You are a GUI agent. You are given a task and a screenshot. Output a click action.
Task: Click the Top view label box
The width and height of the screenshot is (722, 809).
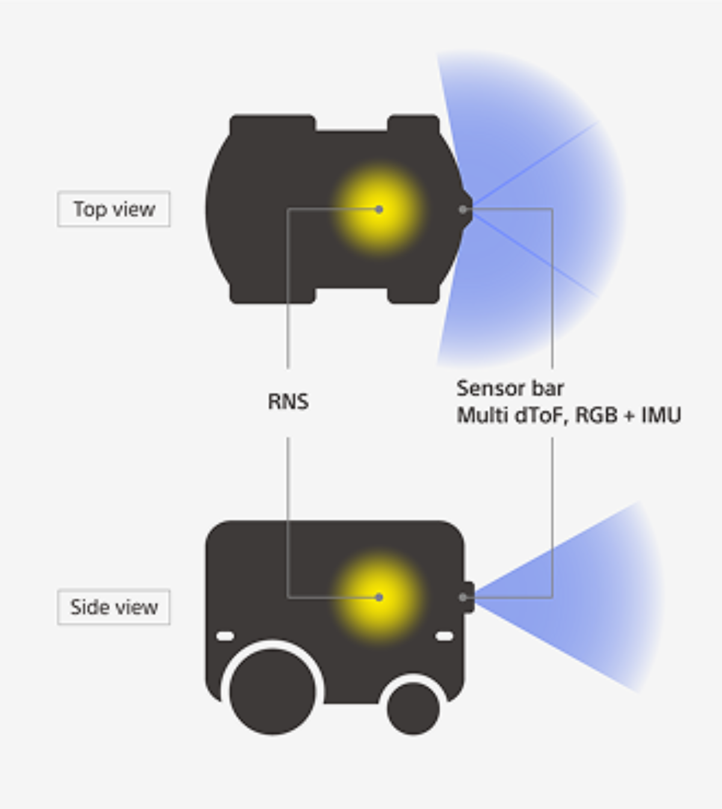coord(114,209)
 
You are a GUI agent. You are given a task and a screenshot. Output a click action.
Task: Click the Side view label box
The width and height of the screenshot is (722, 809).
coord(114,607)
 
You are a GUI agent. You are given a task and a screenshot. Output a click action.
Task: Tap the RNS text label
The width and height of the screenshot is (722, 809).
coord(288,402)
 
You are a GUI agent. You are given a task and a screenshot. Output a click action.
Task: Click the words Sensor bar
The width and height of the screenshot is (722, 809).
coord(510,389)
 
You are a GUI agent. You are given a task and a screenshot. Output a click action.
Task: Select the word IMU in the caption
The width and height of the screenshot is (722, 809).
coord(661,416)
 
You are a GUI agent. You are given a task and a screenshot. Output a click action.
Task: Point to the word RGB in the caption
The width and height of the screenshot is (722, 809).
coord(596,416)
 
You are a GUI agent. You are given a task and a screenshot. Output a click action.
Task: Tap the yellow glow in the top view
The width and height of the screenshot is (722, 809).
coord(379,209)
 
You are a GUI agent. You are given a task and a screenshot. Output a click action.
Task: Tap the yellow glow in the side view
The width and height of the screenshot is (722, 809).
coord(379,597)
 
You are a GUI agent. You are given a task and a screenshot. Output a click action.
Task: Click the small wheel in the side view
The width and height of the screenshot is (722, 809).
coord(413,707)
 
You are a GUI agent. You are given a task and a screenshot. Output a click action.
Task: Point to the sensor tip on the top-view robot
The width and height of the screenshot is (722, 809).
coord(466,209)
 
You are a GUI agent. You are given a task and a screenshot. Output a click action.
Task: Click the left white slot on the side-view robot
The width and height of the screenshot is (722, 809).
coord(225,636)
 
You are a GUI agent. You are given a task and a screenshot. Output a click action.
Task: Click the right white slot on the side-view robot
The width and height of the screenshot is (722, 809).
coord(444,636)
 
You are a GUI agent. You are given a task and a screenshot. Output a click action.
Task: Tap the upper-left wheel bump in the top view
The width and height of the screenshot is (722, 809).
coord(273,123)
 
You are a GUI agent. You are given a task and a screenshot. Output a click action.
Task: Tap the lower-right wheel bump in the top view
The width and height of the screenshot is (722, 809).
coord(413,295)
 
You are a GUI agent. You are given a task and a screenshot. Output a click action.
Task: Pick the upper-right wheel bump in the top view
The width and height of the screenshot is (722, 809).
coord(413,123)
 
